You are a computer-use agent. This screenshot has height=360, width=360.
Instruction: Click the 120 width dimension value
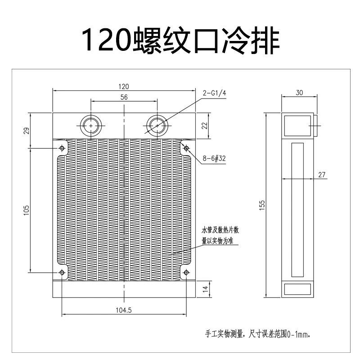tap(123, 86)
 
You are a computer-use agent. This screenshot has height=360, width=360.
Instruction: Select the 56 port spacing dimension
tap(124, 97)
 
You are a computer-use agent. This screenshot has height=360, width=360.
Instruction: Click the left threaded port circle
tap(91, 126)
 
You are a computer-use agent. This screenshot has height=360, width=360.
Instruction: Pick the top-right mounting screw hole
tap(186, 148)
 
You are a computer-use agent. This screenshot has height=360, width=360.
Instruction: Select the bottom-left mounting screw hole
tap(62, 272)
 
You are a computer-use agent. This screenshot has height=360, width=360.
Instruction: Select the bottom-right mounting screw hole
tap(186, 272)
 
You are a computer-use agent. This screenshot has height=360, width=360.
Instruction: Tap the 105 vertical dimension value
tap(26, 210)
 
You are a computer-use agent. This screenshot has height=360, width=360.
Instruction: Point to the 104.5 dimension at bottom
tap(123, 310)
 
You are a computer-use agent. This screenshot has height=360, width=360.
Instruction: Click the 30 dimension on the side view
tap(300, 93)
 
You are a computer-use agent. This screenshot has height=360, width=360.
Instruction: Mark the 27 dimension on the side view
tap(321, 175)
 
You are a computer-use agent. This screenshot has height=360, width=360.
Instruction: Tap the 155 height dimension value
tap(263, 205)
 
